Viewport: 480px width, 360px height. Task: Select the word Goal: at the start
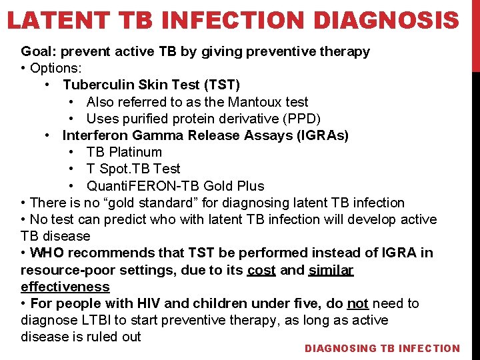(x=37, y=51)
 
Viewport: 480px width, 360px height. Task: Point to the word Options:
(x=58, y=68)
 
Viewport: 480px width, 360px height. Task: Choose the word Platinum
(x=136, y=152)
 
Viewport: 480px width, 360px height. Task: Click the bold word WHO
(x=47, y=253)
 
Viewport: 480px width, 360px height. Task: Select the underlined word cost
(x=261, y=270)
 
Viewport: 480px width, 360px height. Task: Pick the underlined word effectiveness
(x=65, y=287)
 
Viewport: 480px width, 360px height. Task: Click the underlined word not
(x=357, y=303)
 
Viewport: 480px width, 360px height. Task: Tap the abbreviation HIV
(x=146, y=303)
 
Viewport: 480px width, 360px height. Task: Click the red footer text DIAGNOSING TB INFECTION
(x=382, y=348)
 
